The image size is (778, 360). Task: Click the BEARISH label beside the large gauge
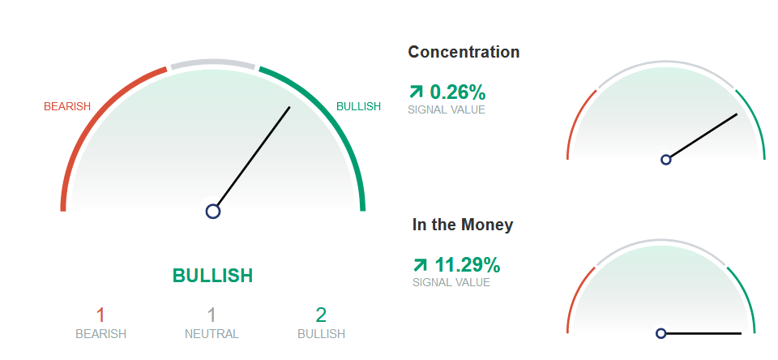67,106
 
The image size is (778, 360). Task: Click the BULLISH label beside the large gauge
359,106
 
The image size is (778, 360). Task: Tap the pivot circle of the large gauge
213,211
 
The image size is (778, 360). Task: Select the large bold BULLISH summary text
213,276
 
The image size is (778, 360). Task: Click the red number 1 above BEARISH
100,315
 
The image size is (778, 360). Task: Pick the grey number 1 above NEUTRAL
212,315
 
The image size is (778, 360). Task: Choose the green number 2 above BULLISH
321,315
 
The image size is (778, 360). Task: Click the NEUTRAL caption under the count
212,334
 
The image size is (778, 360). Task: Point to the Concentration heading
464,52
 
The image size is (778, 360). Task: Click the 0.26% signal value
457,92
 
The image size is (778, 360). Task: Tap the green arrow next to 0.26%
416,92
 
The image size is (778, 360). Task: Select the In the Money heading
463,225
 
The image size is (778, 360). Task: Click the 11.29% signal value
468,265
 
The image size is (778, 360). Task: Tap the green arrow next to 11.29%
420,265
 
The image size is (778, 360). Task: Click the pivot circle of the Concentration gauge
666,160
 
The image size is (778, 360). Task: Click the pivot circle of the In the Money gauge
660,333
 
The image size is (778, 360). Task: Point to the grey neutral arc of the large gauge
212,63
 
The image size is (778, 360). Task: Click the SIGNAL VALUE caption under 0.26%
447,109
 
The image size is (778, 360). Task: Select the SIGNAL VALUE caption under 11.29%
451,282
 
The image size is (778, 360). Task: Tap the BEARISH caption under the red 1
100,334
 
